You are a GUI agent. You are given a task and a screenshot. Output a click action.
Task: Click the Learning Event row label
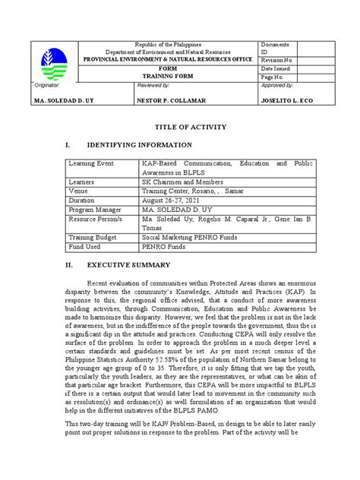tap(90, 163)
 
